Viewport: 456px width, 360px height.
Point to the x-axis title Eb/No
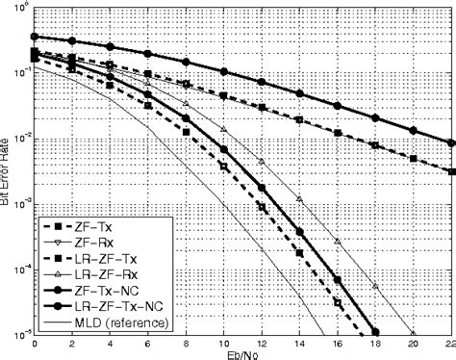[243, 353]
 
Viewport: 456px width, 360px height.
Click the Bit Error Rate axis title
[7, 169]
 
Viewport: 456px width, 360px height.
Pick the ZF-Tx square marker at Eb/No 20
[413, 158]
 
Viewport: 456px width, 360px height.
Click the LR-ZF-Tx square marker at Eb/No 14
[299, 254]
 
